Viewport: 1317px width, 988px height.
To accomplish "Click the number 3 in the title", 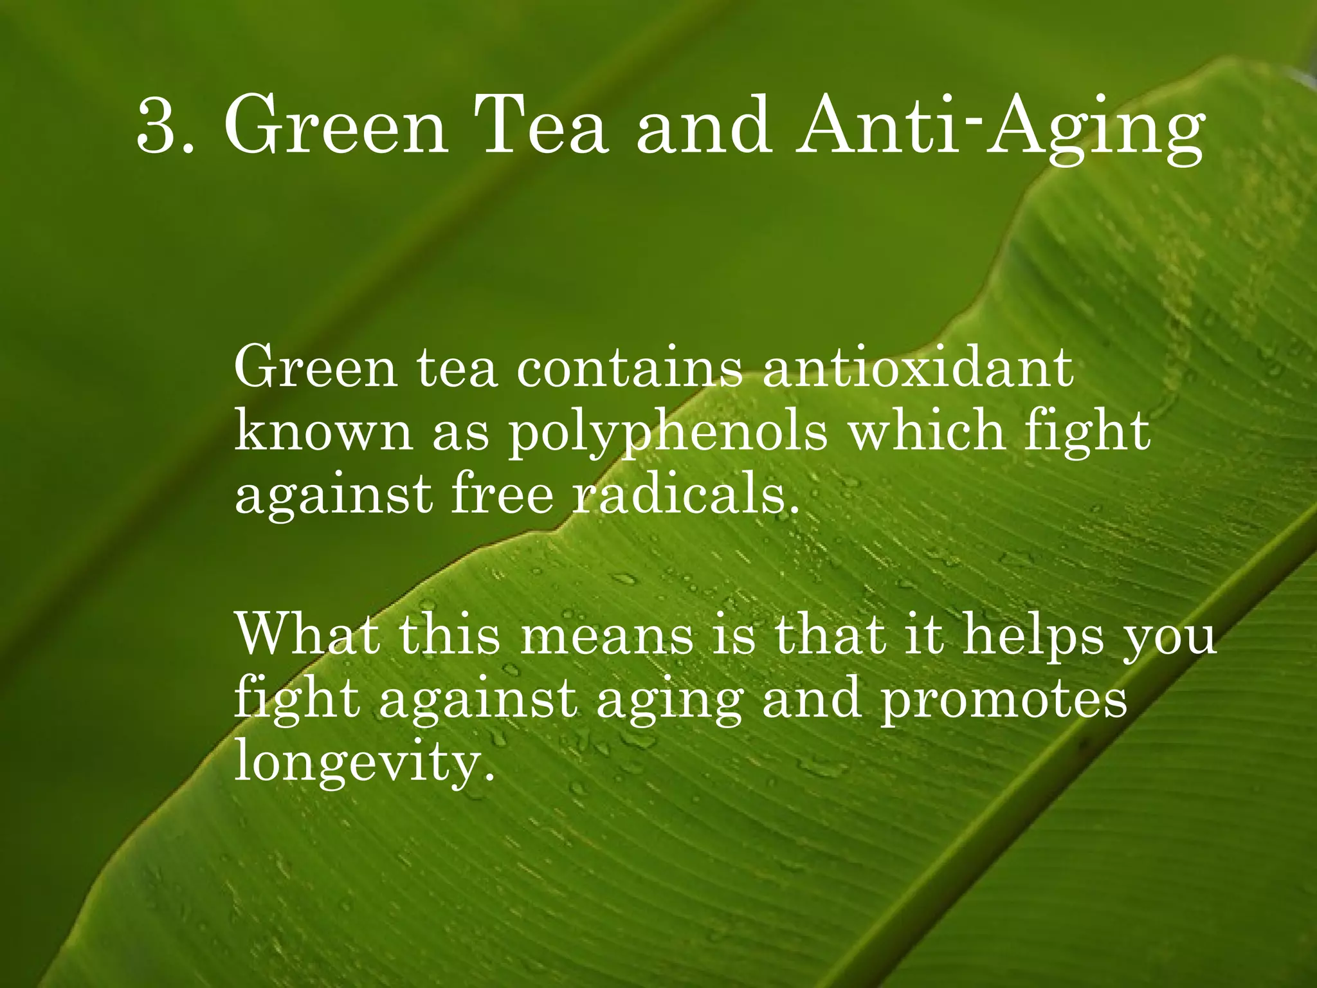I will coord(157,126).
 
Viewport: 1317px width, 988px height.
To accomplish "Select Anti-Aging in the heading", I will coord(999,129).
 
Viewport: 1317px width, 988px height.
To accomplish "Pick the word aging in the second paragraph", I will coord(669,702).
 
